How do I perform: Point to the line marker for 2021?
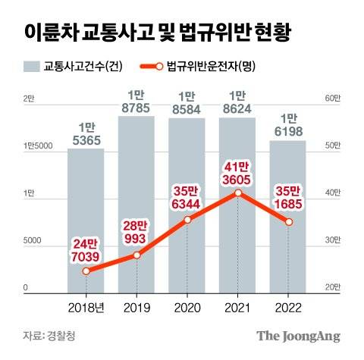[238, 193]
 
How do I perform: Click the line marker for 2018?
[86, 271]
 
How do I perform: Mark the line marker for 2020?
[187, 220]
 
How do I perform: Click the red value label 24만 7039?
[86, 249]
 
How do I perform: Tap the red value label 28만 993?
[136, 232]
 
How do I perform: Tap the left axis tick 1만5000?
[37, 146]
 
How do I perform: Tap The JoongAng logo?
[297, 336]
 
